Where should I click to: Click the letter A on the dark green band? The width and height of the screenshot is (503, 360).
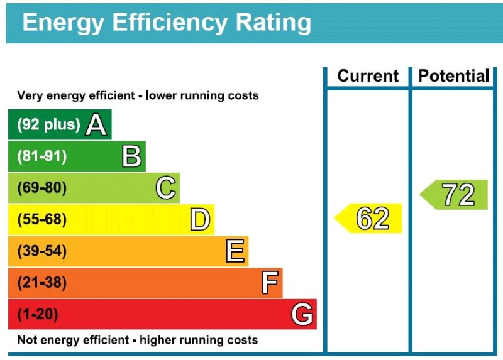pyautogui.click(x=96, y=124)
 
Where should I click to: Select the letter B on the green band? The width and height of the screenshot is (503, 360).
pyautogui.click(x=131, y=156)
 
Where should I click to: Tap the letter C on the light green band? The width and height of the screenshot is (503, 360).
pyautogui.click(x=165, y=188)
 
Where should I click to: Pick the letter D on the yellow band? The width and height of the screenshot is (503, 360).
pyautogui.click(x=200, y=220)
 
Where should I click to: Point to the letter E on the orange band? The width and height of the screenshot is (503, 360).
pyautogui.click(x=235, y=251)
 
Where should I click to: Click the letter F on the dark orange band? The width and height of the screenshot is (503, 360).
pyautogui.click(x=270, y=283)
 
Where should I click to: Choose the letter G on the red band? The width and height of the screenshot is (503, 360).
pyautogui.click(x=302, y=314)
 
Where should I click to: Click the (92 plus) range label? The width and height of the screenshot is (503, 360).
pyautogui.click(x=48, y=124)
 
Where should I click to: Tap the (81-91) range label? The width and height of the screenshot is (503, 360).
pyautogui.click(x=41, y=156)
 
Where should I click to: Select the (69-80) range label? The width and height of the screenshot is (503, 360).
pyautogui.click(x=41, y=188)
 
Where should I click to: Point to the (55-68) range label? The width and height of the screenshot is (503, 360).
pyautogui.click(x=41, y=220)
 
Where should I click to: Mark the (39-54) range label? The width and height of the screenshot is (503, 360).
pyautogui.click(x=41, y=251)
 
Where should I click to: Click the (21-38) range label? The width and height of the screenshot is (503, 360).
pyautogui.click(x=41, y=283)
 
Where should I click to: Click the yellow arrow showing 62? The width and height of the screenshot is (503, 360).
pyautogui.click(x=370, y=218)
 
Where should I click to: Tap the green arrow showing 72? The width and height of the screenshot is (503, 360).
pyautogui.click(x=455, y=195)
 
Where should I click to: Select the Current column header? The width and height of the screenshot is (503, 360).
pyautogui.click(x=368, y=76)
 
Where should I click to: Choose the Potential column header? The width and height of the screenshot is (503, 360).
pyautogui.click(x=453, y=76)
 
